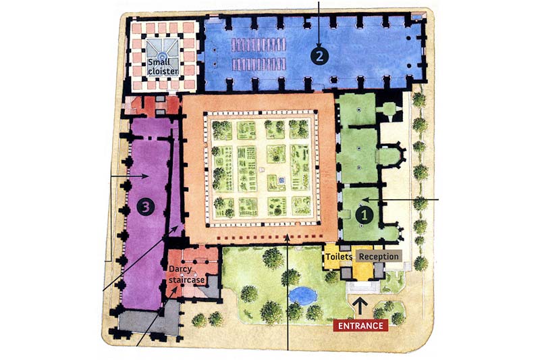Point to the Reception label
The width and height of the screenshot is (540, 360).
[379, 257]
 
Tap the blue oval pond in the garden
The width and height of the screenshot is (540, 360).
[302, 294]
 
